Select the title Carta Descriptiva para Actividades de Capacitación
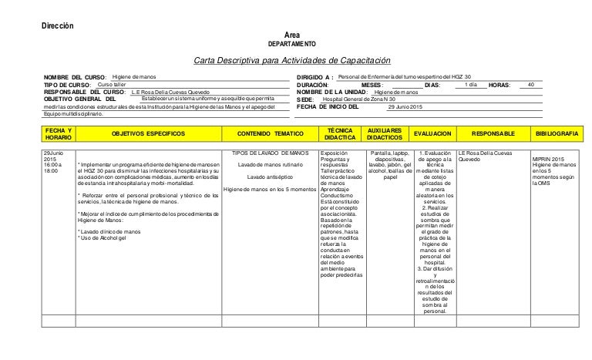click(x=292, y=62)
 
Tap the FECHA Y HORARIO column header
click(x=59, y=133)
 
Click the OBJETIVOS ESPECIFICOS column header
click(x=148, y=133)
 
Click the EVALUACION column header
click(x=435, y=133)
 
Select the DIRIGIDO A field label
click(x=309, y=79)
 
